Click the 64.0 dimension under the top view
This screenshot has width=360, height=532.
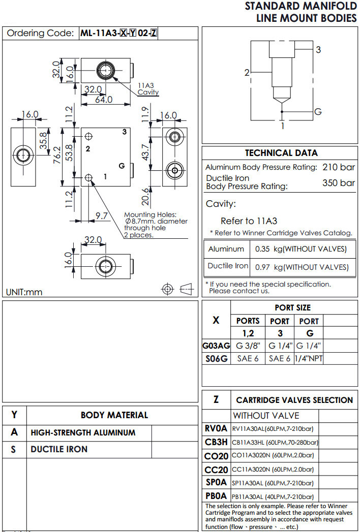104,100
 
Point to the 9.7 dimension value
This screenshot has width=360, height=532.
102,216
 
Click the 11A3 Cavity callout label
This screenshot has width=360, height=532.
148,89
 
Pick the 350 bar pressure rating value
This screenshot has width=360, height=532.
338,183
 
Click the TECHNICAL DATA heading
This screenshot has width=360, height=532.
281,153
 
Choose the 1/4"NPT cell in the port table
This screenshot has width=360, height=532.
309,358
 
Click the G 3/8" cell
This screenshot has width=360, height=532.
248,346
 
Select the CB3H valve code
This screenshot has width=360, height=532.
217,442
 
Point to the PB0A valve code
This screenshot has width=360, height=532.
217,496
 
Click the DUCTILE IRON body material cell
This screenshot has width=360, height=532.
59,449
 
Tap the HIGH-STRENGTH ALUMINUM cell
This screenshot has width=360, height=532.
83,433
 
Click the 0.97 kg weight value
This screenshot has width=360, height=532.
263,267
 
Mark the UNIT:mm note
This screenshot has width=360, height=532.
24,292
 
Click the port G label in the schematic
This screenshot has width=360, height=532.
318,111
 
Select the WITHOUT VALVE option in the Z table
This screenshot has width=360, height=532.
266,415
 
